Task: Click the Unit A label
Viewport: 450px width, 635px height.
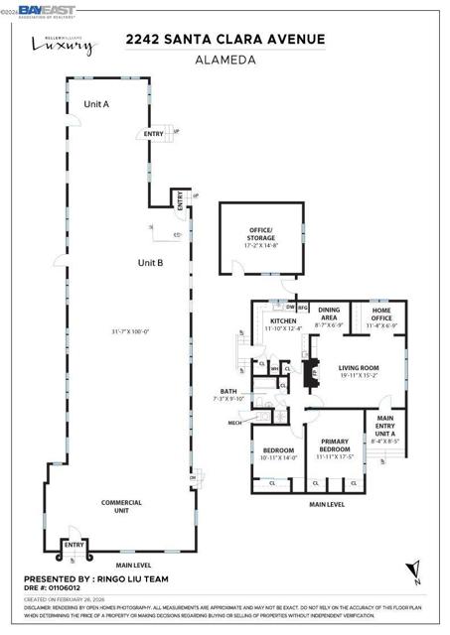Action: point(96,103)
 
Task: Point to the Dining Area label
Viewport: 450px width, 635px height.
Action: point(329,315)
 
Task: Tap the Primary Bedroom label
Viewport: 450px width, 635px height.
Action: point(335,450)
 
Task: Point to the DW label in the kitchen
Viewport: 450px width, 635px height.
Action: point(289,307)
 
